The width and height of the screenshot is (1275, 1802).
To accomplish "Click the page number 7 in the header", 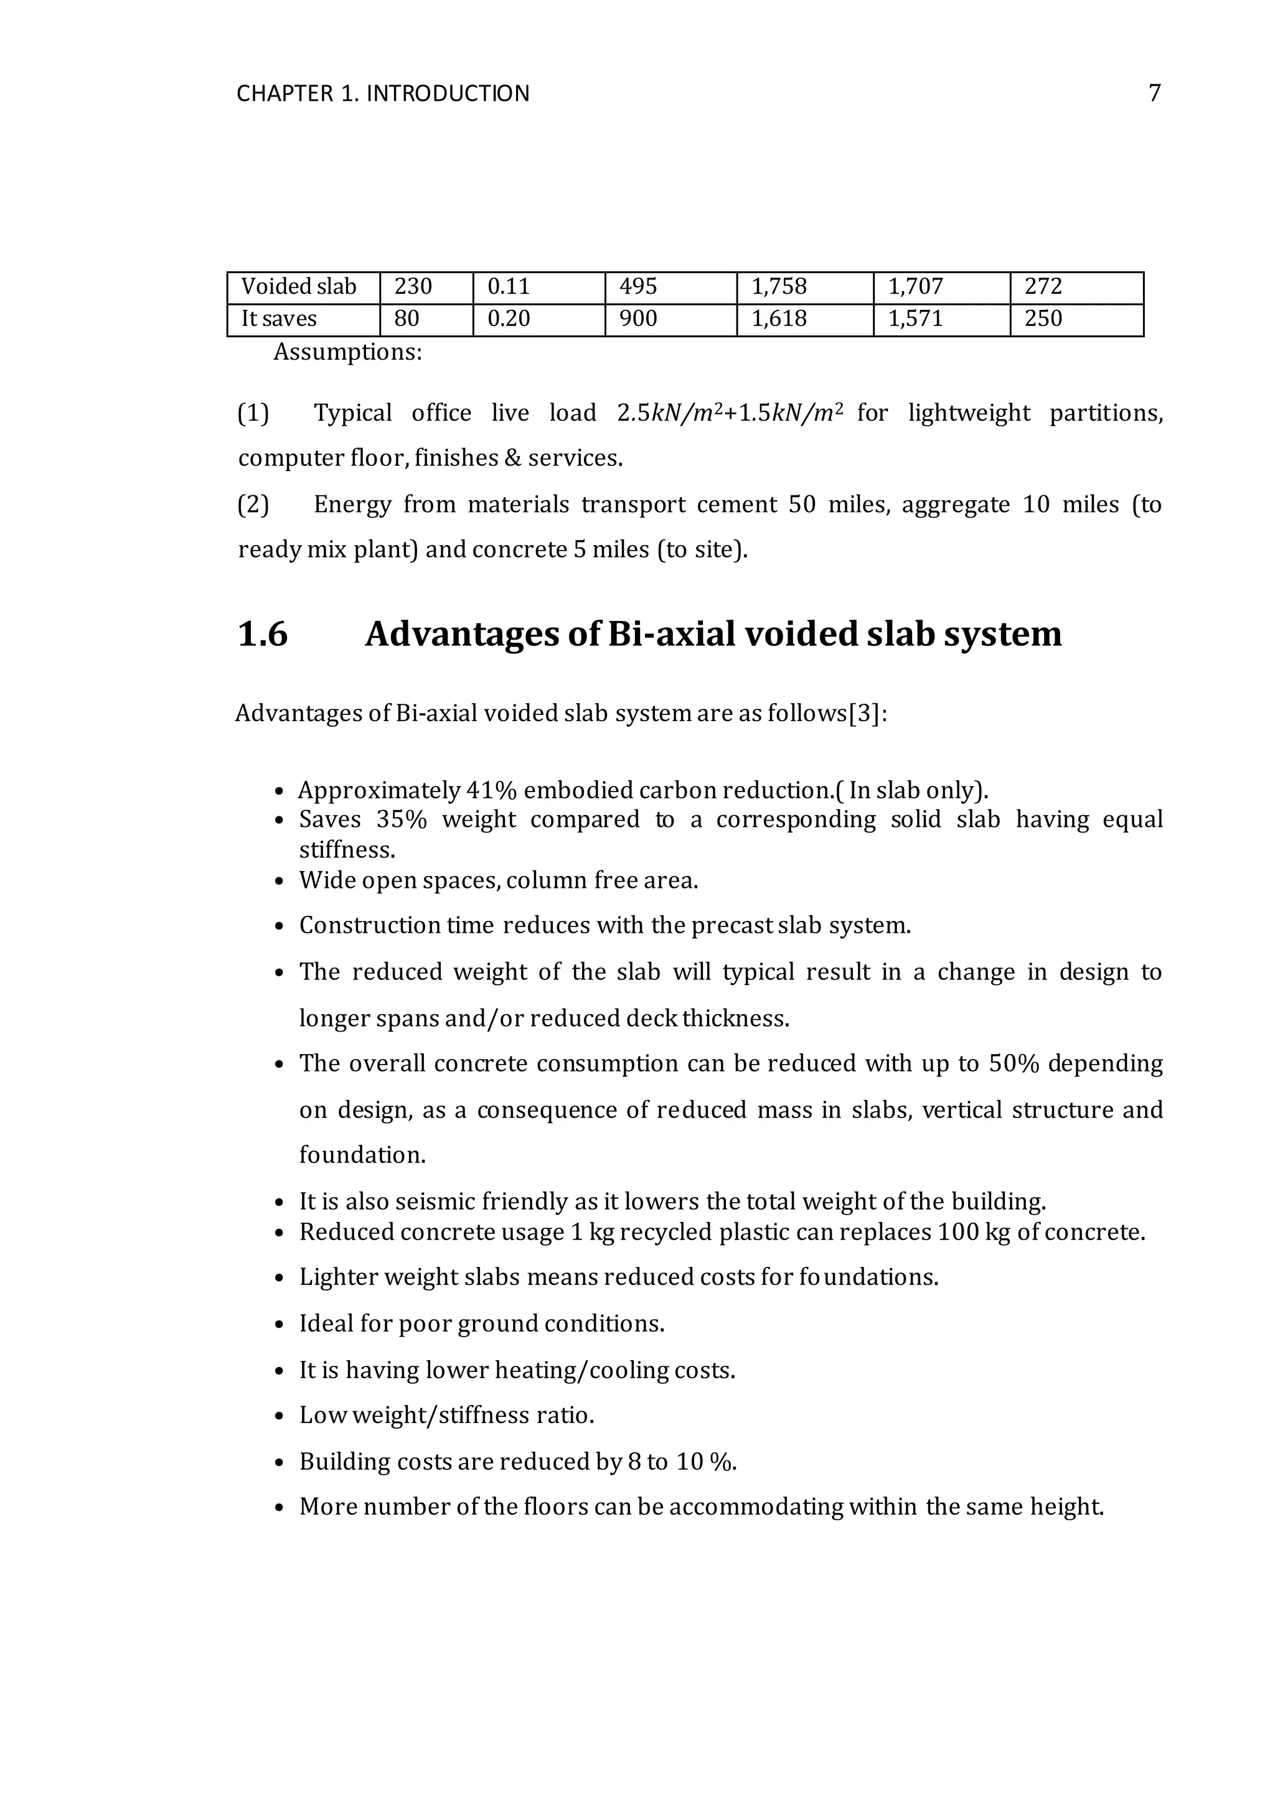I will [1154, 93].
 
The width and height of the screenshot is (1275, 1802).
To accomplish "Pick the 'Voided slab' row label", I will [298, 287].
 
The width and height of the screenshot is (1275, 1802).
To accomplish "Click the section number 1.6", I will [263, 634].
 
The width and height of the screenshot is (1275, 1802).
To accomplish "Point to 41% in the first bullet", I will [491, 790].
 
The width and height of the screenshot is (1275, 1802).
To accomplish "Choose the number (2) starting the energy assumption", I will [253, 505].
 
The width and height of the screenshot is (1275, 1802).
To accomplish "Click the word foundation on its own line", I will [362, 1156].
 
